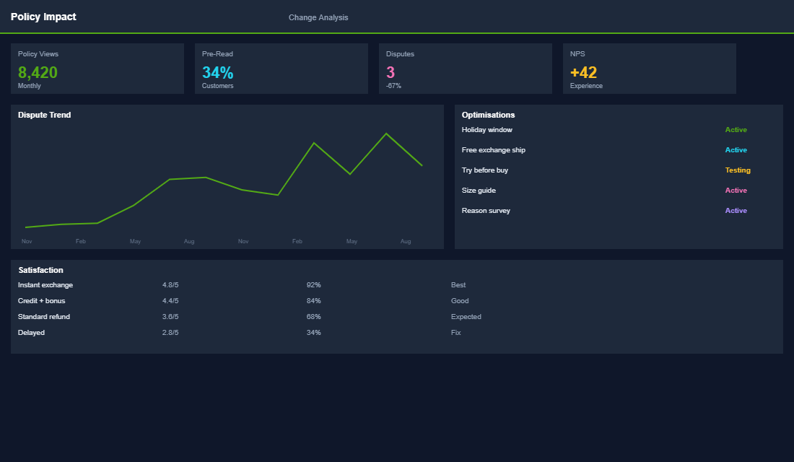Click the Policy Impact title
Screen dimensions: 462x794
[x=43, y=17]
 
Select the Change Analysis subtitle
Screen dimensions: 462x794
[x=318, y=17]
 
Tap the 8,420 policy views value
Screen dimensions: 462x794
[x=38, y=72]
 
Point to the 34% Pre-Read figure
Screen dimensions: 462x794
[x=217, y=72]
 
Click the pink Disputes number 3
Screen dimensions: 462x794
[x=391, y=72]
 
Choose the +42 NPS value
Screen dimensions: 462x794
[x=583, y=72]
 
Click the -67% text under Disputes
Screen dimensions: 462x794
[x=393, y=86]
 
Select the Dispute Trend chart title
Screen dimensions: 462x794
[x=44, y=115]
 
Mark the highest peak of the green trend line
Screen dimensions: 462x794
[x=386, y=134]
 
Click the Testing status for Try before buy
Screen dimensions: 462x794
[x=738, y=170]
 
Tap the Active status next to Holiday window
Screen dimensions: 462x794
[x=736, y=130]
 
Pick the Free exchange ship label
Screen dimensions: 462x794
[x=493, y=150]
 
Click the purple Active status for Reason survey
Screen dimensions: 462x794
[x=736, y=211]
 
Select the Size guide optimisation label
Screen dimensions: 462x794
[x=479, y=191]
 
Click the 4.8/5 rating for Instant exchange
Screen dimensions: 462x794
[x=170, y=285]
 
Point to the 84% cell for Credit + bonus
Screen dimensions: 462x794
[x=313, y=301]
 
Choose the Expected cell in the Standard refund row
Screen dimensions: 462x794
[x=466, y=317]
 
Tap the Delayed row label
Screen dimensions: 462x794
[x=31, y=333]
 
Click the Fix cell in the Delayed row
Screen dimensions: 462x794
[x=455, y=333]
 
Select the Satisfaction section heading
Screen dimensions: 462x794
[x=40, y=270]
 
